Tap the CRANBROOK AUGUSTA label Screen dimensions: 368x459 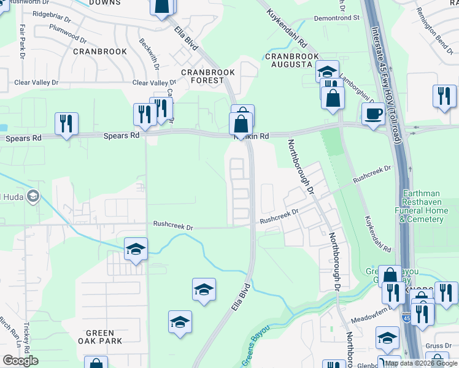pyautogui.click(x=292, y=60)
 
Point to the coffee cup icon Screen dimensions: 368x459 pyautogui.click(x=373, y=113)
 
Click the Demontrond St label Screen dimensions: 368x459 pyautogui.click(x=337, y=18)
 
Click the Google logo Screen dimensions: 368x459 pyautogui.click(x=20, y=361)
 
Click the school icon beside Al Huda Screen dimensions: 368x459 pyautogui.click(x=33, y=197)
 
